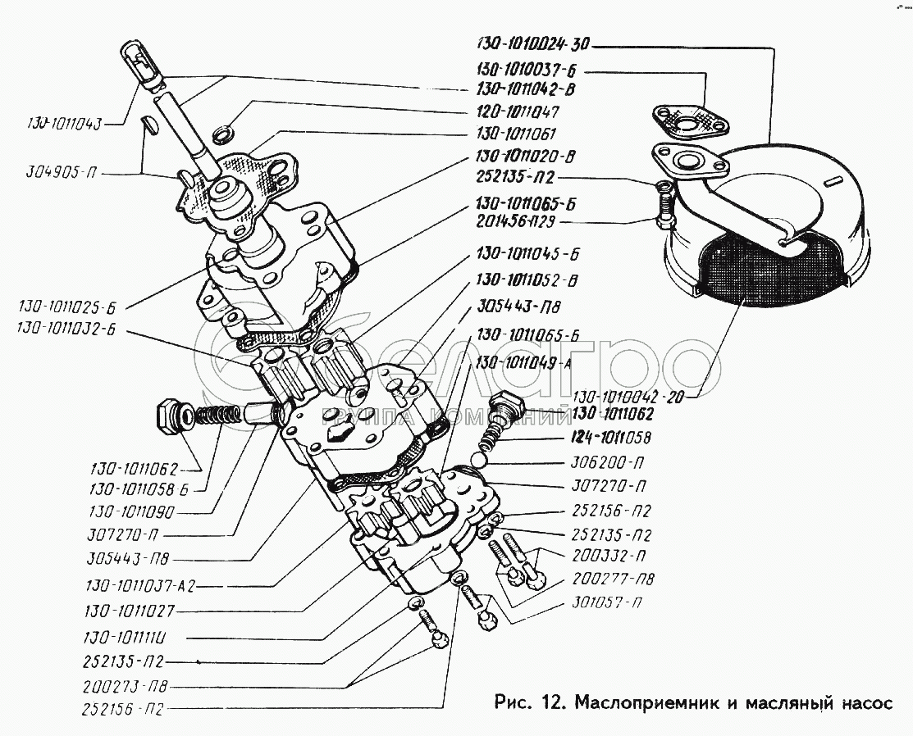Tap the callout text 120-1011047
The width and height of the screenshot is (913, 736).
click(x=523, y=111)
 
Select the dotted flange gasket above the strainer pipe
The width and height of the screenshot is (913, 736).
click(x=689, y=119)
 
